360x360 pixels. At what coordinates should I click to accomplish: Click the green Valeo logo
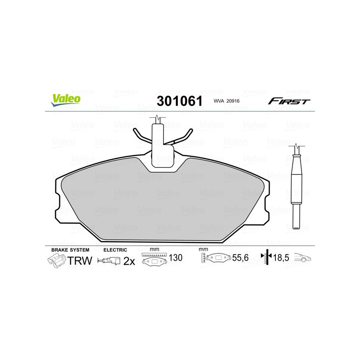(66, 100)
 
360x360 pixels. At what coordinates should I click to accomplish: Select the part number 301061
(179, 101)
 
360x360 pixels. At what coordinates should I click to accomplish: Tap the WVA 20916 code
(226, 102)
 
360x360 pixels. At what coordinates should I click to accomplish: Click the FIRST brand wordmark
(289, 101)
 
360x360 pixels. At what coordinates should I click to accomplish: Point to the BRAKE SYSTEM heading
(70, 249)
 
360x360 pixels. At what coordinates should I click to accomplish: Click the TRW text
(80, 261)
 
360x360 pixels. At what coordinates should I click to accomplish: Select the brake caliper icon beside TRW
(56, 261)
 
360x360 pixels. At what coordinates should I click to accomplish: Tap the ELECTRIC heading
(115, 249)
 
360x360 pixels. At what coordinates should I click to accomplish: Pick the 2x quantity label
(129, 261)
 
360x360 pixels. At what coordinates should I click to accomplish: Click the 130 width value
(175, 258)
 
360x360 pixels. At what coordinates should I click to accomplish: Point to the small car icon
(303, 258)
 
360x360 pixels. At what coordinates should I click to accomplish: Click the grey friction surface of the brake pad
(162, 202)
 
